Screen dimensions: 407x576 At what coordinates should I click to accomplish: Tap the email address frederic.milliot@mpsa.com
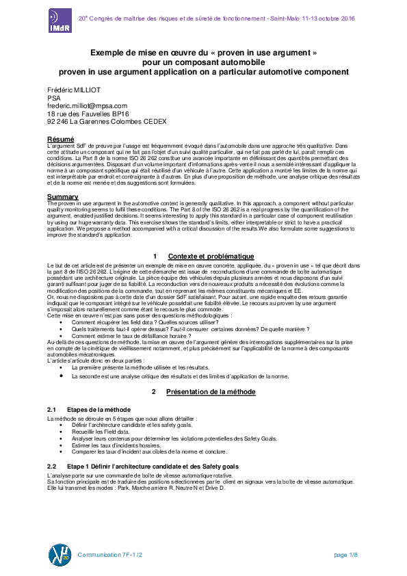tap(87, 106)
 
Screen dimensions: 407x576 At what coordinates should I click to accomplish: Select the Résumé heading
tap(60, 140)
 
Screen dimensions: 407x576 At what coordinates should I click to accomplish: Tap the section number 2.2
tap(51, 466)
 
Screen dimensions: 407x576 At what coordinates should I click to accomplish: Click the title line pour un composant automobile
tap(203, 62)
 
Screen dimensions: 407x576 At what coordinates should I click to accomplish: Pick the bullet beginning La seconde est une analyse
tap(180, 376)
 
